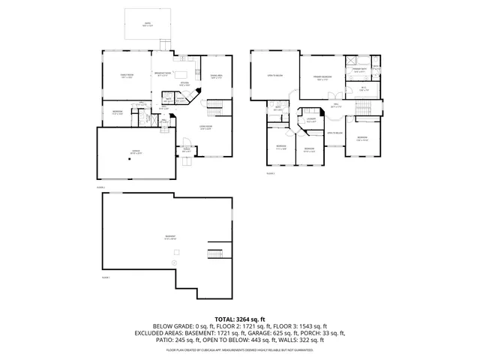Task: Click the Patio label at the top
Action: pos(148,24)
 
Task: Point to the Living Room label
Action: pos(205,127)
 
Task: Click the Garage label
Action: pos(136,151)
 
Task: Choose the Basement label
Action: pos(171,236)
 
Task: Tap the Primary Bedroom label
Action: pos(322,77)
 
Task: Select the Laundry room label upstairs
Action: pos(310,119)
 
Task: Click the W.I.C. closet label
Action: pos(363,88)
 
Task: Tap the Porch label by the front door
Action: pos(186,150)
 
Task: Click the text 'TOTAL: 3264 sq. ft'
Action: pos(240,319)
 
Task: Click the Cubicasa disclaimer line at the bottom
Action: pos(240,349)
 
